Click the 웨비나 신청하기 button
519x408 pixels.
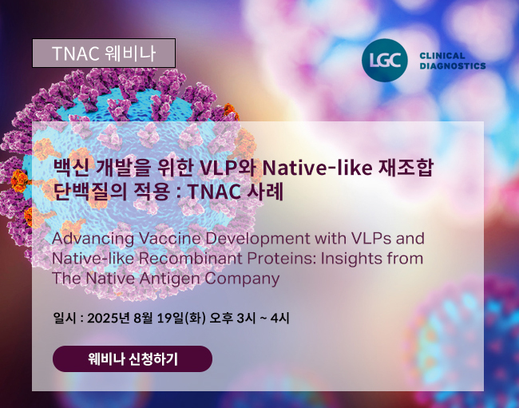pyautogui.click(x=133, y=359)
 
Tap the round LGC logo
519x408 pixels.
pyautogui.click(x=385, y=60)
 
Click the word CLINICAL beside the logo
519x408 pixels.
pyautogui.click(x=442, y=56)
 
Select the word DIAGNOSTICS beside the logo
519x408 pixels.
pyautogui.click(x=453, y=65)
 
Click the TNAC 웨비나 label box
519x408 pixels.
pyautogui.click(x=104, y=53)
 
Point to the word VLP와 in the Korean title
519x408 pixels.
pyautogui.click(x=227, y=168)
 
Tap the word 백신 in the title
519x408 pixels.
pyautogui.click(x=71, y=168)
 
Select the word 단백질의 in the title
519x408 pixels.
pyautogui.click(x=90, y=192)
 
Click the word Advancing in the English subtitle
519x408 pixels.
pyautogui.click(x=93, y=239)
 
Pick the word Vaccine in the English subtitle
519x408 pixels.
pyautogui.click(x=170, y=238)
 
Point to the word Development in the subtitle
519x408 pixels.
pyautogui.click(x=258, y=240)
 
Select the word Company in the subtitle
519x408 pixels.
pyautogui.click(x=242, y=279)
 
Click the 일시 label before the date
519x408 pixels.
pyautogui.click(x=64, y=318)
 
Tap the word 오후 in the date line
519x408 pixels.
pyautogui.click(x=221, y=318)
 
